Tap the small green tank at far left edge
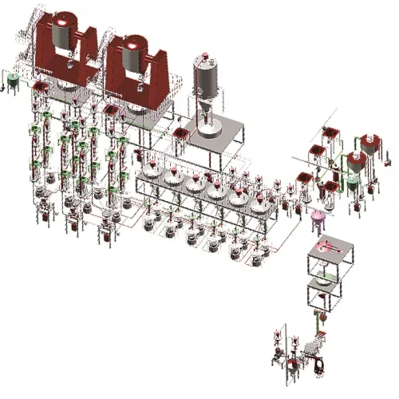13,81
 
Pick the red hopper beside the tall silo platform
180,132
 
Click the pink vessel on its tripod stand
319,217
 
